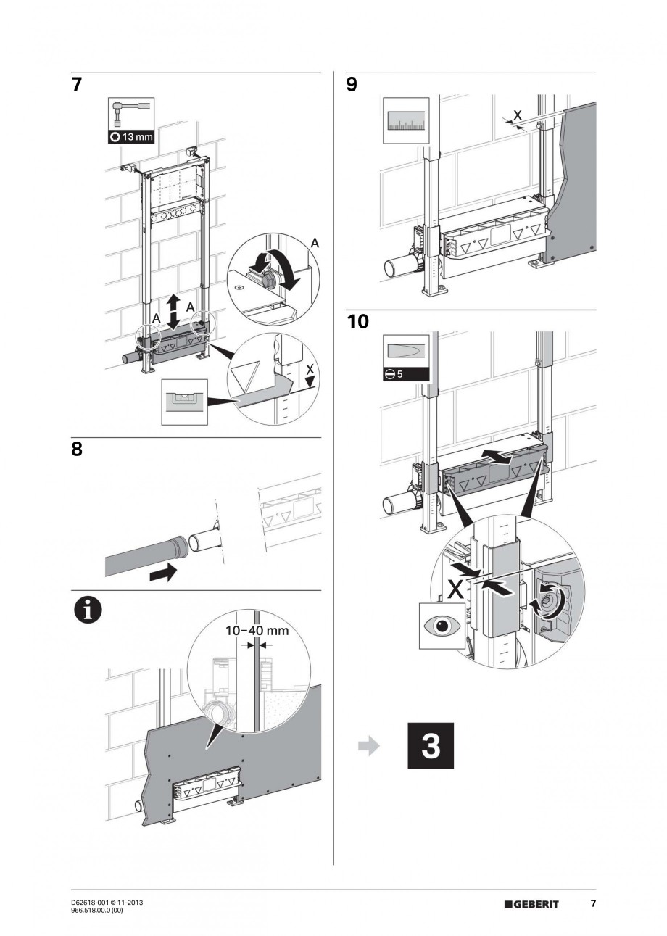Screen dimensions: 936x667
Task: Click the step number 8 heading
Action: click(78, 450)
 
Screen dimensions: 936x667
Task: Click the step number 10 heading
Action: click(357, 321)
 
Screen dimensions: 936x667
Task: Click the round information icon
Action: click(86, 611)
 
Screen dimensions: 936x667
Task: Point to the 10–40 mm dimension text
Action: click(257, 630)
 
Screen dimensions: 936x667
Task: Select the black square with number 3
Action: click(431, 745)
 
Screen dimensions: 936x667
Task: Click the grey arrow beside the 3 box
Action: click(370, 746)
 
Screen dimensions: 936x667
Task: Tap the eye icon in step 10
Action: click(441, 626)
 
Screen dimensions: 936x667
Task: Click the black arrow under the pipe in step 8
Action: click(162, 573)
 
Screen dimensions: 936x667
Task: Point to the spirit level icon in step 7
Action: click(184, 399)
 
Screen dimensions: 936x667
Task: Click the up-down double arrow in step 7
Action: click(174, 311)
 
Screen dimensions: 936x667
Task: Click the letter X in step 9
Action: click(516, 114)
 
